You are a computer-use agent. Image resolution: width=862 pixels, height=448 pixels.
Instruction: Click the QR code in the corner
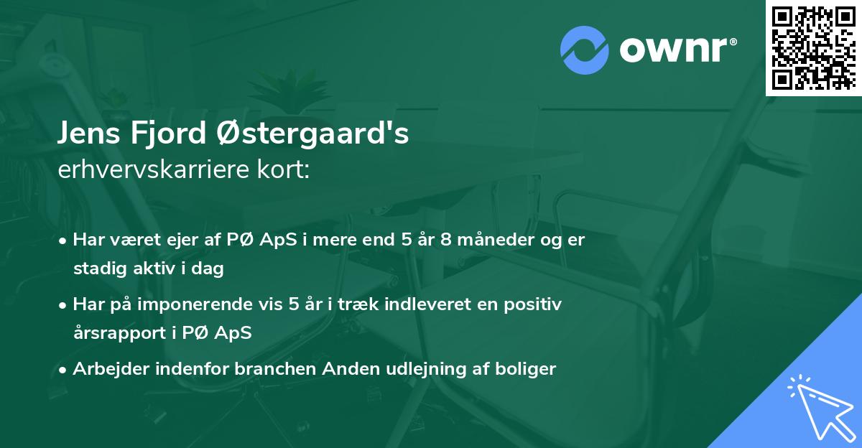(813, 48)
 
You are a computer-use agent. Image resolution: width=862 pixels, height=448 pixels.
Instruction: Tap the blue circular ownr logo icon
(584, 49)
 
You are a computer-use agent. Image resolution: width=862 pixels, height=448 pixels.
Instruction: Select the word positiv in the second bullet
(534, 304)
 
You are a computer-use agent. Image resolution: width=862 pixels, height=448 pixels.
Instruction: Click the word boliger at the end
(529, 369)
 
